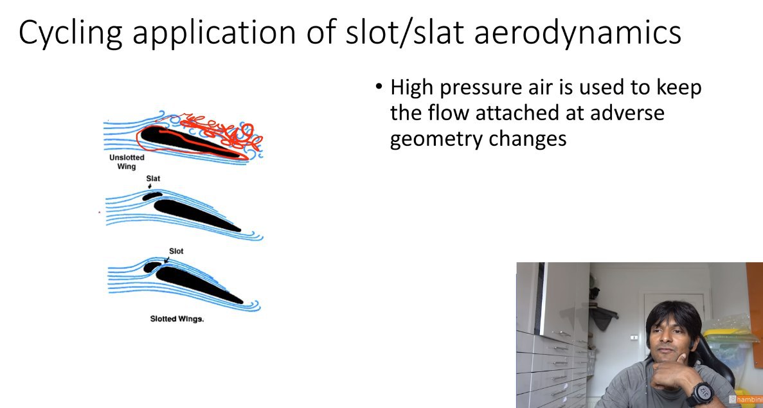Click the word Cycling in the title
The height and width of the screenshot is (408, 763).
pyautogui.click(x=70, y=32)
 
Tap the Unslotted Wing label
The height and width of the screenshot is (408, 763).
pyautogui.click(x=127, y=162)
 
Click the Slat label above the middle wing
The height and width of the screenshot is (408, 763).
pyautogui.click(x=153, y=179)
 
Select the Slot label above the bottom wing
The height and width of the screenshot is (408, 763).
pyautogui.click(x=176, y=251)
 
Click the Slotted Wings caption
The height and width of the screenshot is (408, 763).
pyautogui.click(x=175, y=319)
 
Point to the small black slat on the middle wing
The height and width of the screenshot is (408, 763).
pyautogui.click(x=152, y=196)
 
